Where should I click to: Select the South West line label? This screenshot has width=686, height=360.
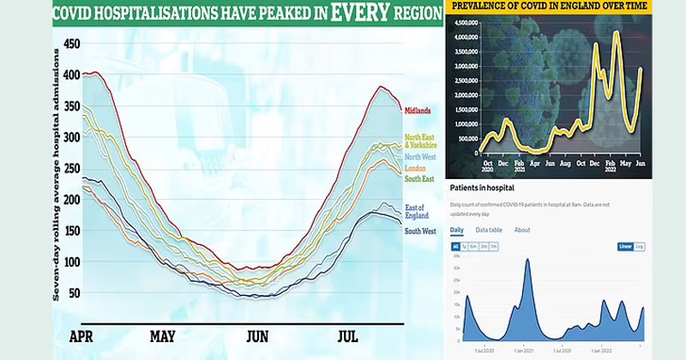[x=419, y=231]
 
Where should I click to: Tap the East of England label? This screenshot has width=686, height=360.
[x=418, y=212]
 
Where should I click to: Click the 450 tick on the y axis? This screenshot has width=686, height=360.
[x=72, y=44]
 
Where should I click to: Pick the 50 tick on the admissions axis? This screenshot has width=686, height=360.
[x=75, y=293]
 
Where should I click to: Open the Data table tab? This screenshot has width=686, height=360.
[x=490, y=230]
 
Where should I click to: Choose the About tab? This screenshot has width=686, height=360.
[x=522, y=230]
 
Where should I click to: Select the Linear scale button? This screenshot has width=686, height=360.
[x=626, y=247]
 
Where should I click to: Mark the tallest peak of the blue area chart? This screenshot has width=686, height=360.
[x=528, y=260]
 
